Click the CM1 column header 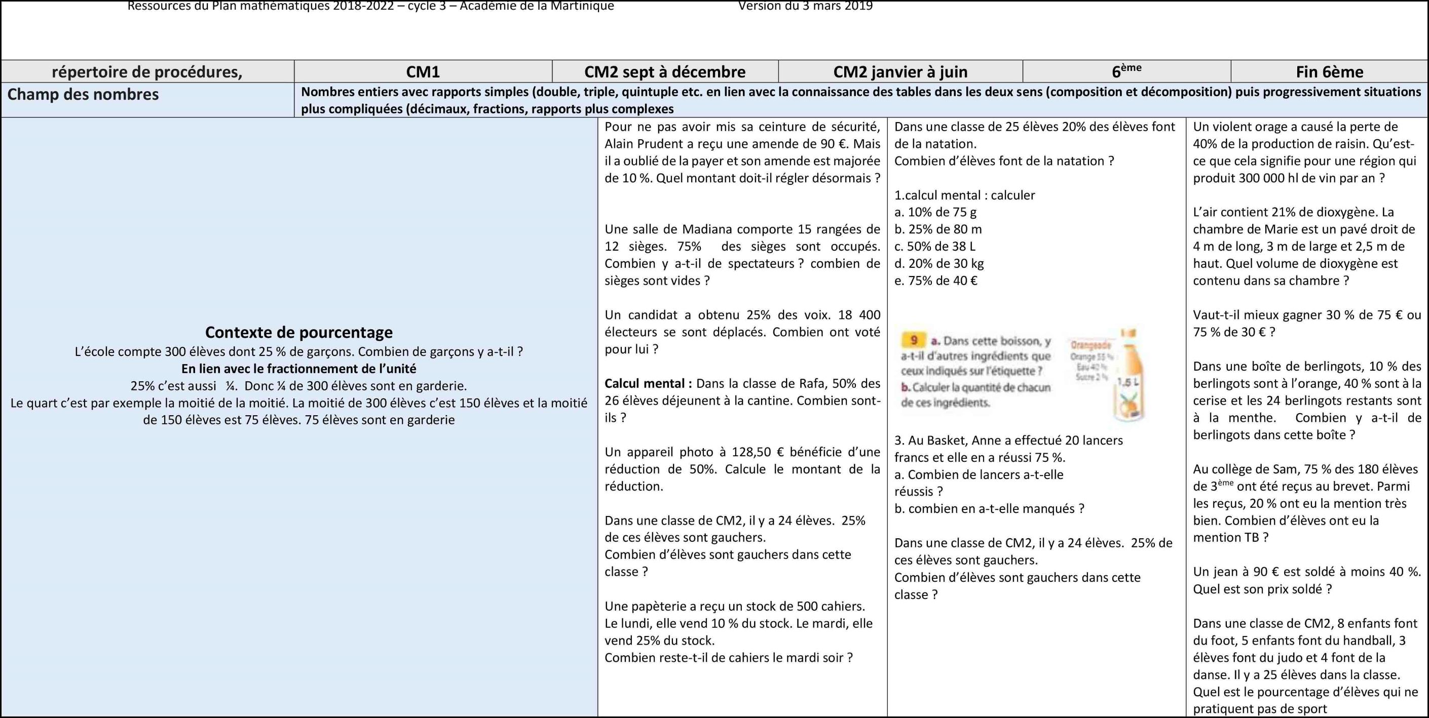tap(423, 72)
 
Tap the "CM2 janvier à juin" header tap(900, 72)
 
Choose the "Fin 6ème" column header tap(1329, 72)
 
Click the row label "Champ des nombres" tap(83, 95)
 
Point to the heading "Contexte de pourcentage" tap(298, 332)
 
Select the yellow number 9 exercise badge tap(914, 340)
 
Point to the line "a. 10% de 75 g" tap(935, 212)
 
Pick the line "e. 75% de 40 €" tap(936, 281)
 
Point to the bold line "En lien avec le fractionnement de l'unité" tap(298, 369)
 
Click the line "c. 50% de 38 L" tap(935, 247)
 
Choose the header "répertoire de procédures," tap(147, 72)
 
